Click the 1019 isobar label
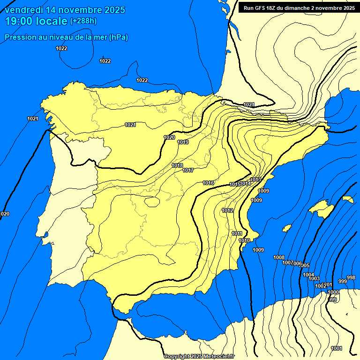(x=183, y=142)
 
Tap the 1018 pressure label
(x=177, y=165)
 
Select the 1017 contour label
(x=188, y=170)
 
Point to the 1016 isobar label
(x=208, y=183)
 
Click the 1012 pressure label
(x=228, y=210)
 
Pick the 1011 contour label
(x=237, y=233)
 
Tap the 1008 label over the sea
(x=279, y=257)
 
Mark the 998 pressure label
(x=351, y=277)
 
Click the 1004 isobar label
(x=308, y=275)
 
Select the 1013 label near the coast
(x=255, y=180)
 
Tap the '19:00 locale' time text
(x=36, y=21)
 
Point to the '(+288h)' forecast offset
(x=83, y=21)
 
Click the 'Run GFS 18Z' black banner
(x=299, y=8)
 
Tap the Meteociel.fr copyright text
(x=199, y=356)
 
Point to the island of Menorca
(x=347, y=199)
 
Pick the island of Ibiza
(x=286, y=228)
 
